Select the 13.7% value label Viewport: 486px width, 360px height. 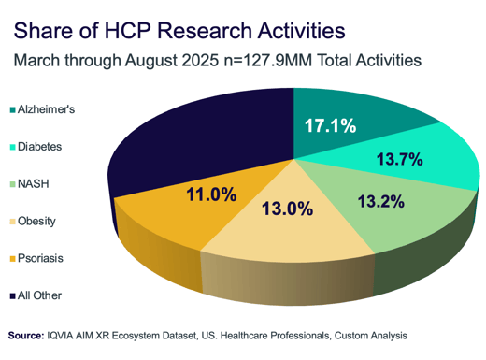[x=398, y=161]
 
